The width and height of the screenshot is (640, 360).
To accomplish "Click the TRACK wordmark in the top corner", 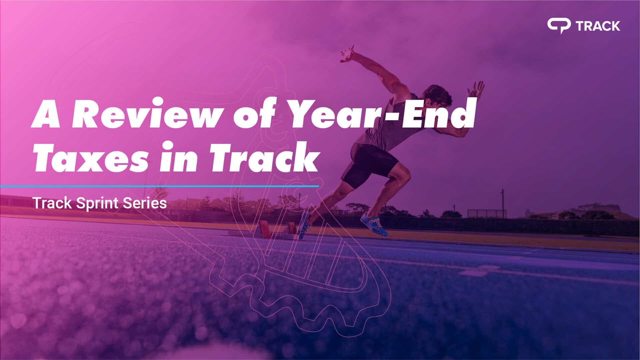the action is click(x=598, y=26).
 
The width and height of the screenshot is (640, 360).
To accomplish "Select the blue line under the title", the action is click(x=159, y=186).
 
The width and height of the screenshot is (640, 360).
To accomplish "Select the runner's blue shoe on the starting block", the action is click(x=304, y=225).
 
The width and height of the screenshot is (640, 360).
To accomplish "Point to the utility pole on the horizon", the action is click(x=502, y=203).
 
